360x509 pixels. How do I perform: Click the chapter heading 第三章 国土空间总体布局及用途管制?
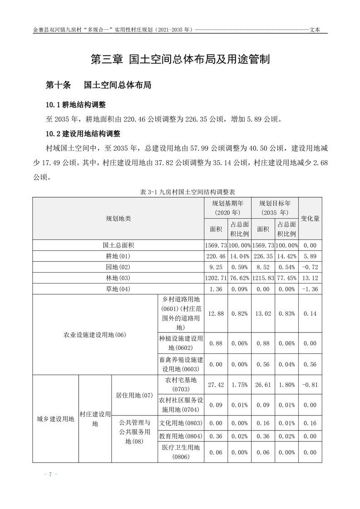(x=180, y=59)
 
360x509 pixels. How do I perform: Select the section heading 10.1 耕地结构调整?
(x=76, y=105)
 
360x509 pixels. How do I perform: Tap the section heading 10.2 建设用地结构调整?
(x=82, y=134)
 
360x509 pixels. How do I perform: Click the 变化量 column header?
(x=310, y=218)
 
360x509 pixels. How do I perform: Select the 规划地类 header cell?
(x=118, y=218)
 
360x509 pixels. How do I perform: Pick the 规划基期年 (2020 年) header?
(x=227, y=208)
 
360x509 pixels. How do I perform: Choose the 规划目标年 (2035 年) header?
(x=275, y=208)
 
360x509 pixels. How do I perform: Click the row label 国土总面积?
(x=118, y=245)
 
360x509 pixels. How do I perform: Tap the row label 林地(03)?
(x=118, y=278)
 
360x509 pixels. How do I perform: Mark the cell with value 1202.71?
(x=216, y=278)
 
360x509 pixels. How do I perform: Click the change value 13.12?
(x=310, y=278)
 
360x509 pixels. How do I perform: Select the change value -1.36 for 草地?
(x=310, y=289)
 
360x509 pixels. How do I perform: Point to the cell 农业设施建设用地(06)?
(x=95, y=335)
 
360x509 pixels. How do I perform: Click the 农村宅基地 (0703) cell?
(x=180, y=384)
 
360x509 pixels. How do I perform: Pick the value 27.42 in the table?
(x=216, y=384)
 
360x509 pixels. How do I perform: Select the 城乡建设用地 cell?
(x=55, y=419)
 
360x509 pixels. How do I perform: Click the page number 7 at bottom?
(x=50, y=474)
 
